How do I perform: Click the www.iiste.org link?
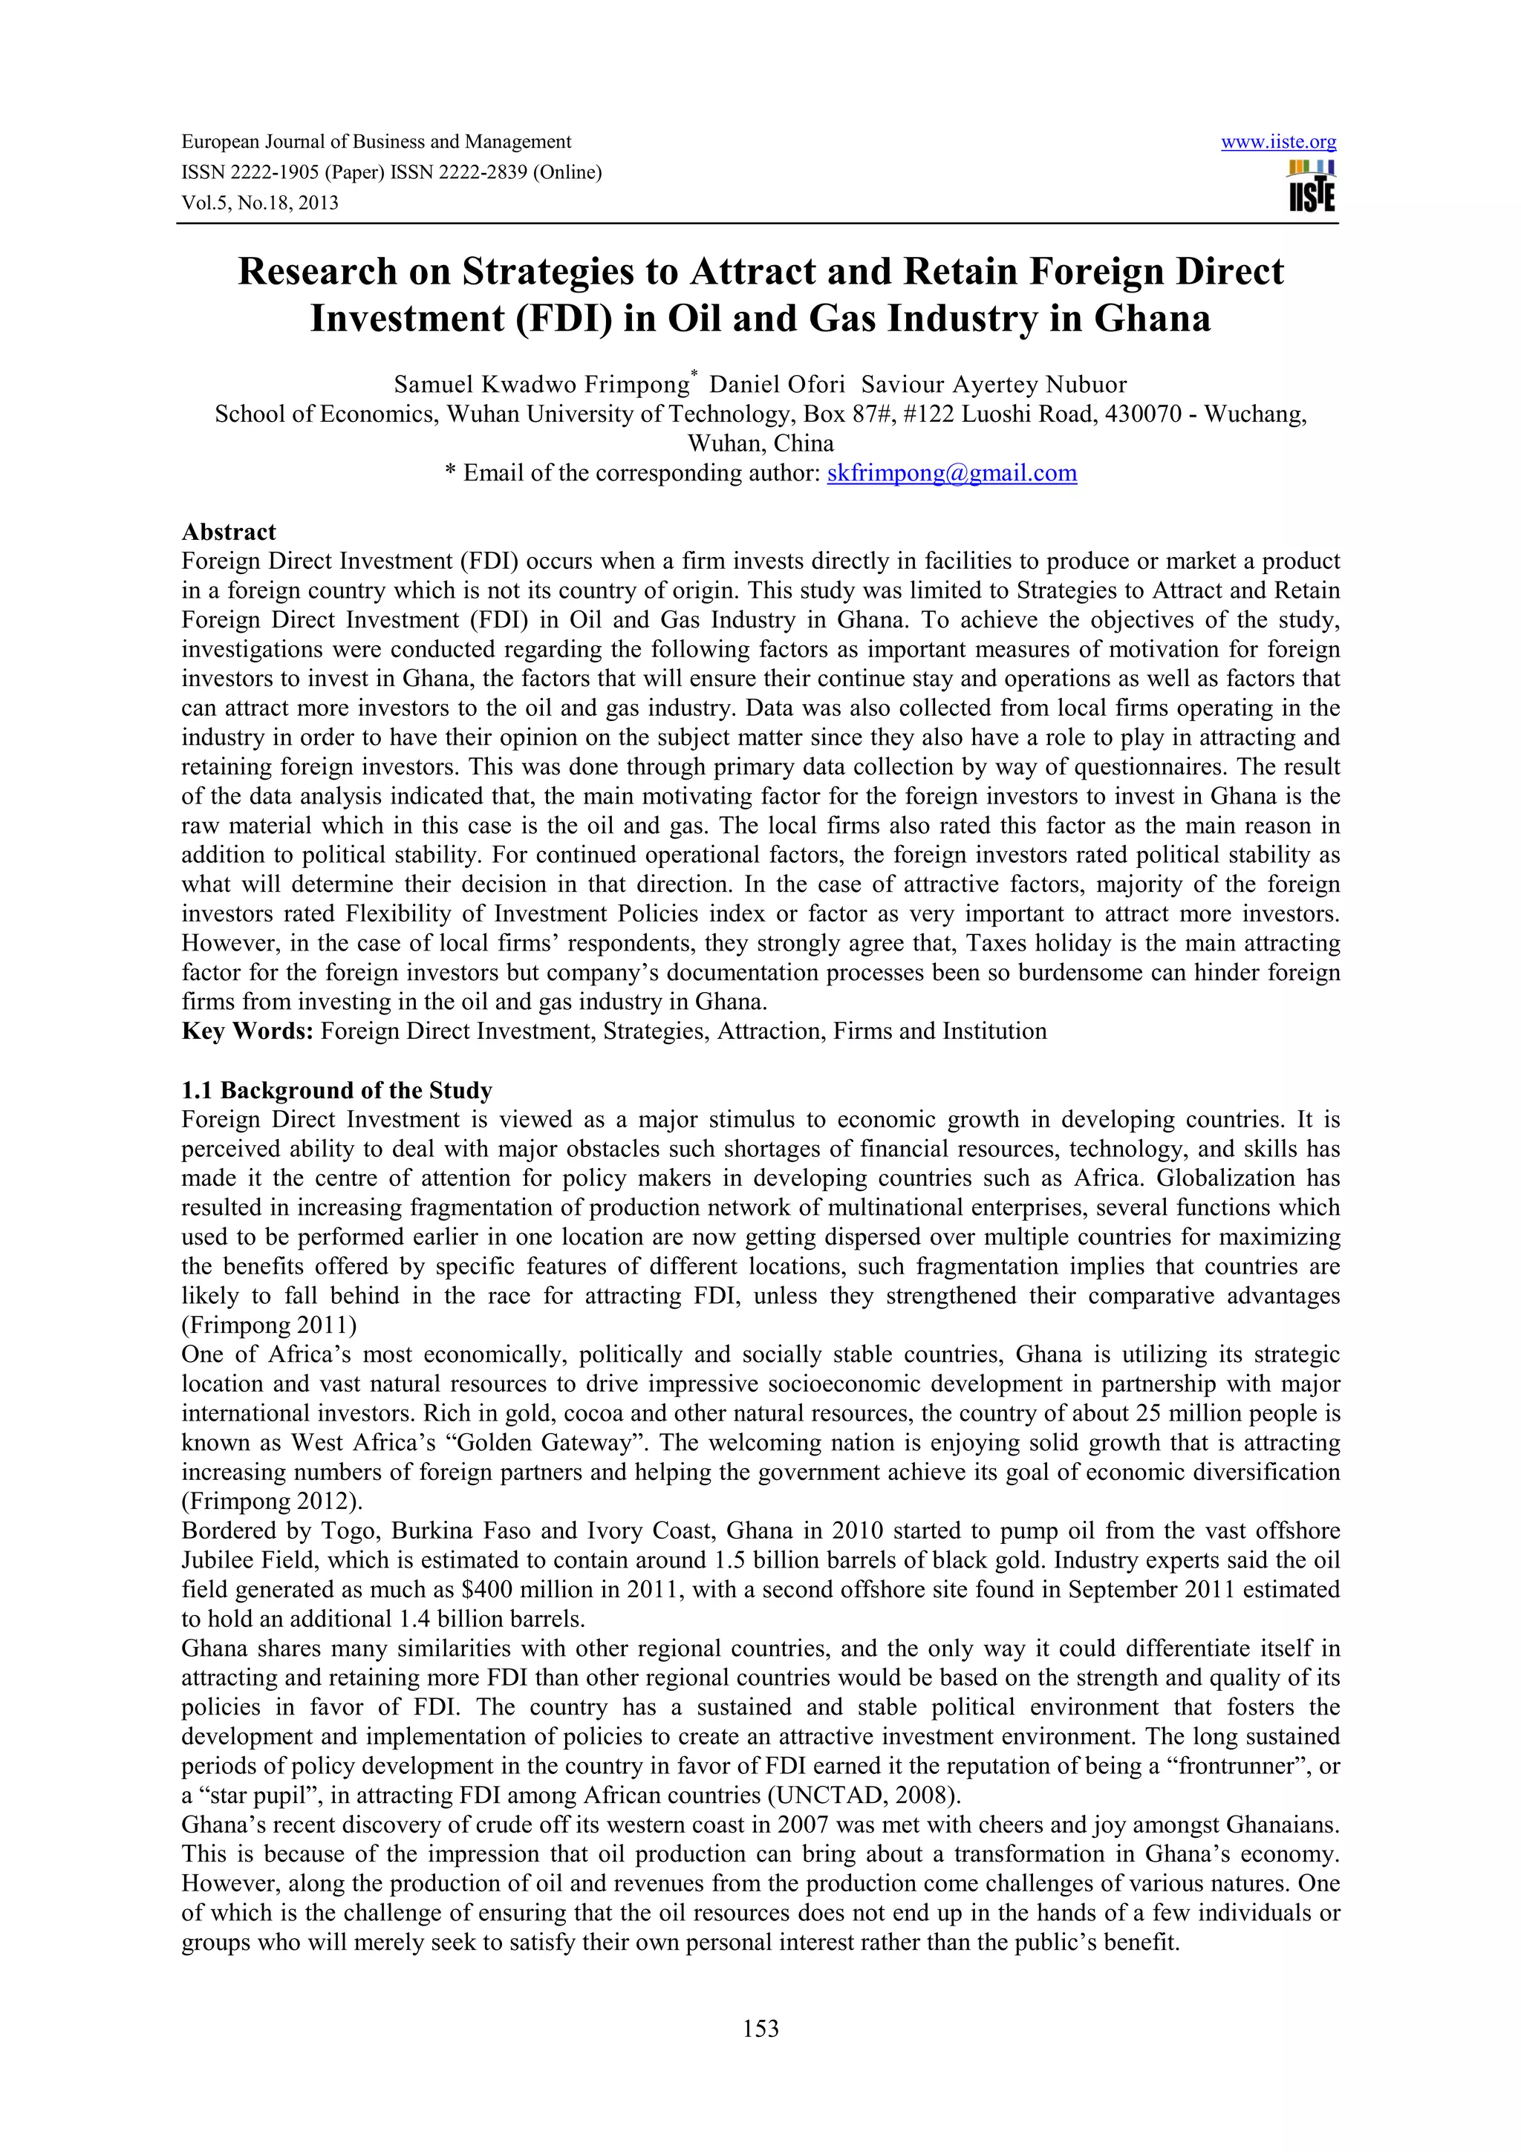click(x=1278, y=143)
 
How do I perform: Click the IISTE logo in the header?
click(x=1312, y=186)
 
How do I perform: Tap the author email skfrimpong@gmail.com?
click(x=951, y=472)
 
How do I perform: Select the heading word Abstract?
click(x=229, y=532)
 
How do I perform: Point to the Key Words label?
click(x=247, y=1031)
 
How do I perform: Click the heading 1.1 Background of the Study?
click(x=336, y=1090)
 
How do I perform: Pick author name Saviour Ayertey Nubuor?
click(x=994, y=385)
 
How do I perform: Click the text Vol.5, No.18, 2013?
click(x=260, y=203)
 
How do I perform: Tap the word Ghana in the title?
click(x=1152, y=319)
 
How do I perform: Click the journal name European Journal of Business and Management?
click(x=376, y=143)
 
